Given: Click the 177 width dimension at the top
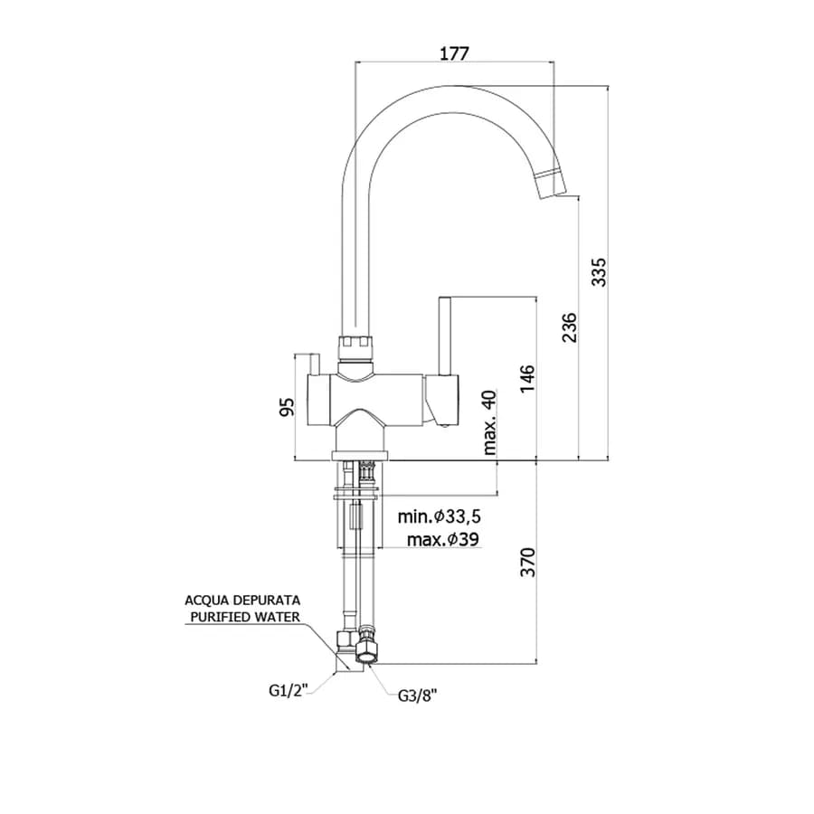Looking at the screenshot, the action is coord(454,53).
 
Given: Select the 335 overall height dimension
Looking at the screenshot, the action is coord(599,271).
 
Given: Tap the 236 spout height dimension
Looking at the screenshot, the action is coord(570,327).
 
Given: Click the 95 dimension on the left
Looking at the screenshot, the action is coord(287,406).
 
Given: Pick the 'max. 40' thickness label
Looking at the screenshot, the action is coord(489,422).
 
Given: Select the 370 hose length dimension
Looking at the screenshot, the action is coord(527,562).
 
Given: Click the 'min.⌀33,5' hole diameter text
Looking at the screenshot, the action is coord(440,516).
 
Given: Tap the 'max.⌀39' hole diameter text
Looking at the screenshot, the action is coord(443,539).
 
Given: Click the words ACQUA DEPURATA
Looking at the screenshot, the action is coord(242,601).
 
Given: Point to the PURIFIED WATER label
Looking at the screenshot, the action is coord(245,617).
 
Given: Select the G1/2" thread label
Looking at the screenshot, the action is coord(289,690).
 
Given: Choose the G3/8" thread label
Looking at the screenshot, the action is coord(417,696).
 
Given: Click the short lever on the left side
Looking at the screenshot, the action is coord(314,364).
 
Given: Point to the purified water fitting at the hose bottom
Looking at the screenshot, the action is coord(346,650).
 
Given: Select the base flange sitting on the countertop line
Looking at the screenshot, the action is coord(360,456).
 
